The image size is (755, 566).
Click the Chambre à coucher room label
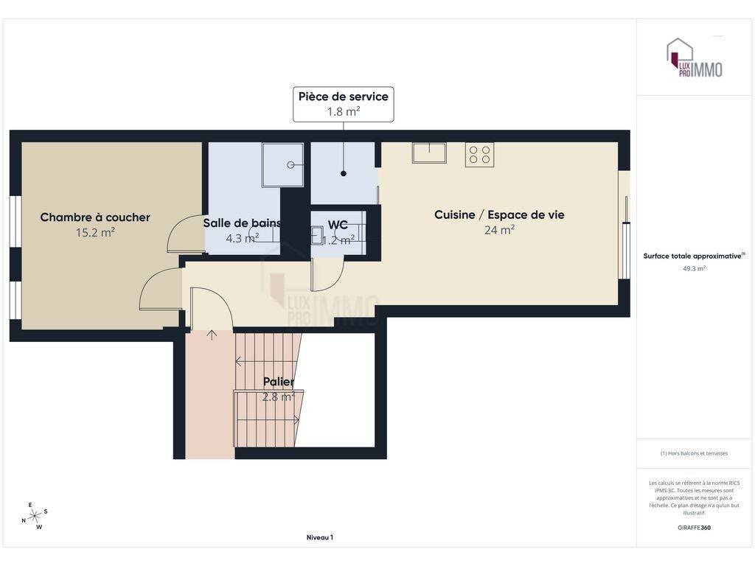tap(95, 217)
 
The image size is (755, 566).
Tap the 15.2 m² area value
tap(95, 232)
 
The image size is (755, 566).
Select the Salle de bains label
tap(242, 223)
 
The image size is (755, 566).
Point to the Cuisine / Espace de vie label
tap(499, 214)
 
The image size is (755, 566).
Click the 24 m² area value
tap(499, 230)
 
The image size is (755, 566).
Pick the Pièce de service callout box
tap(344, 104)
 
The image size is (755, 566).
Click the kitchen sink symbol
tap(429, 153)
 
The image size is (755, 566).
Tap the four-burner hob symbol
tap(479, 155)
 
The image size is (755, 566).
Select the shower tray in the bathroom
tap(282, 164)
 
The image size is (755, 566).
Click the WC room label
tap(338, 225)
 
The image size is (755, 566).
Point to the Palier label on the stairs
tap(278, 382)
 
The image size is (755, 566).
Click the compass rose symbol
tap(35, 517)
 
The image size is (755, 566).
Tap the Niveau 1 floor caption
tap(320, 537)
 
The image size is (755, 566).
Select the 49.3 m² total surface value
tap(694, 268)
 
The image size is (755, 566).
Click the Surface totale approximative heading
tap(694, 256)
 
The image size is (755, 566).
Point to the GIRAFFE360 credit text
tap(694, 528)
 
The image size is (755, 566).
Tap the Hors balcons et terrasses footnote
tap(694, 453)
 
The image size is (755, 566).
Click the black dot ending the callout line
tap(344, 173)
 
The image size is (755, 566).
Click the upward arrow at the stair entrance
tap(212, 335)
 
